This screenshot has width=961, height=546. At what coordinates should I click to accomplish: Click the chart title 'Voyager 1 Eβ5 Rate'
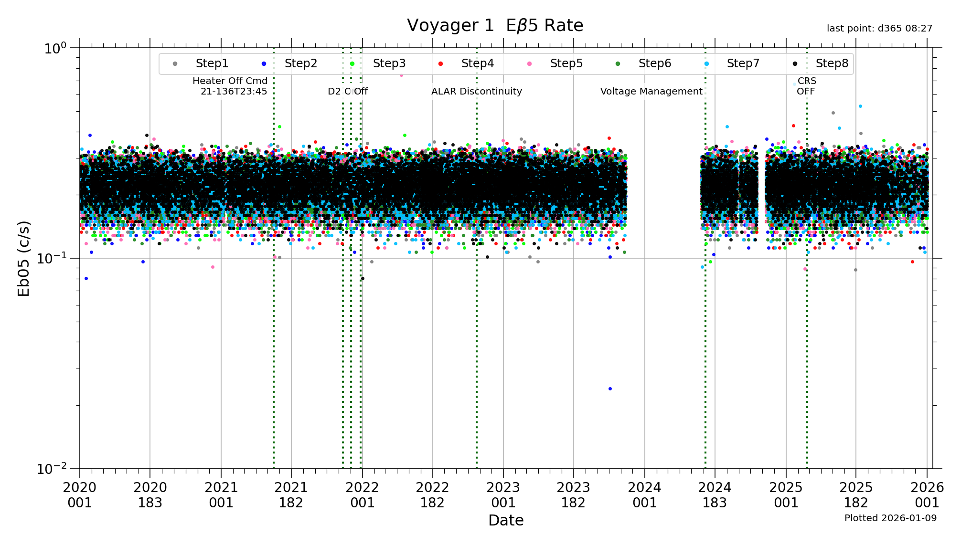pyautogui.click(x=495, y=26)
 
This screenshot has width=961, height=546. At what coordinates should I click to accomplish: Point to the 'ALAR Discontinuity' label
pyautogui.click(x=476, y=92)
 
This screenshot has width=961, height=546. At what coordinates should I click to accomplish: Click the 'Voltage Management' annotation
pyautogui.click(x=651, y=92)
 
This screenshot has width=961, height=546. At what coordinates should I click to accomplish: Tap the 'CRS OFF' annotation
pyautogui.click(x=806, y=86)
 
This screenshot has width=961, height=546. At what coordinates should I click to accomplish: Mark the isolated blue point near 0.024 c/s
pyautogui.click(x=610, y=389)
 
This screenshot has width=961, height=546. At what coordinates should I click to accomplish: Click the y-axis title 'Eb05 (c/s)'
pyautogui.click(x=24, y=258)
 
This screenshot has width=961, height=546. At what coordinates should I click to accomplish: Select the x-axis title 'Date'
pyautogui.click(x=506, y=520)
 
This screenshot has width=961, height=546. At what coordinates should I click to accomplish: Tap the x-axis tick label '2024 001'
pyautogui.click(x=644, y=495)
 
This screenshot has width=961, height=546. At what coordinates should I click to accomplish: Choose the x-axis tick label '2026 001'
pyautogui.click(x=927, y=495)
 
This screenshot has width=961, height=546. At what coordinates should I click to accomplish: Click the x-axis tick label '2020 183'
pyautogui.click(x=150, y=495)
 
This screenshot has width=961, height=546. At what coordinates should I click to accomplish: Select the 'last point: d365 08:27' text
pyautogui.click(x=879, y=29)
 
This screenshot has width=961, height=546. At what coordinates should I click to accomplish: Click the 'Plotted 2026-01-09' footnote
pyautogui.click(x=890, y=518)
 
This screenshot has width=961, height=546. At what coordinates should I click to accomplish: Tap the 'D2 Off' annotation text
pyautogui.click(x=348, y=92)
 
